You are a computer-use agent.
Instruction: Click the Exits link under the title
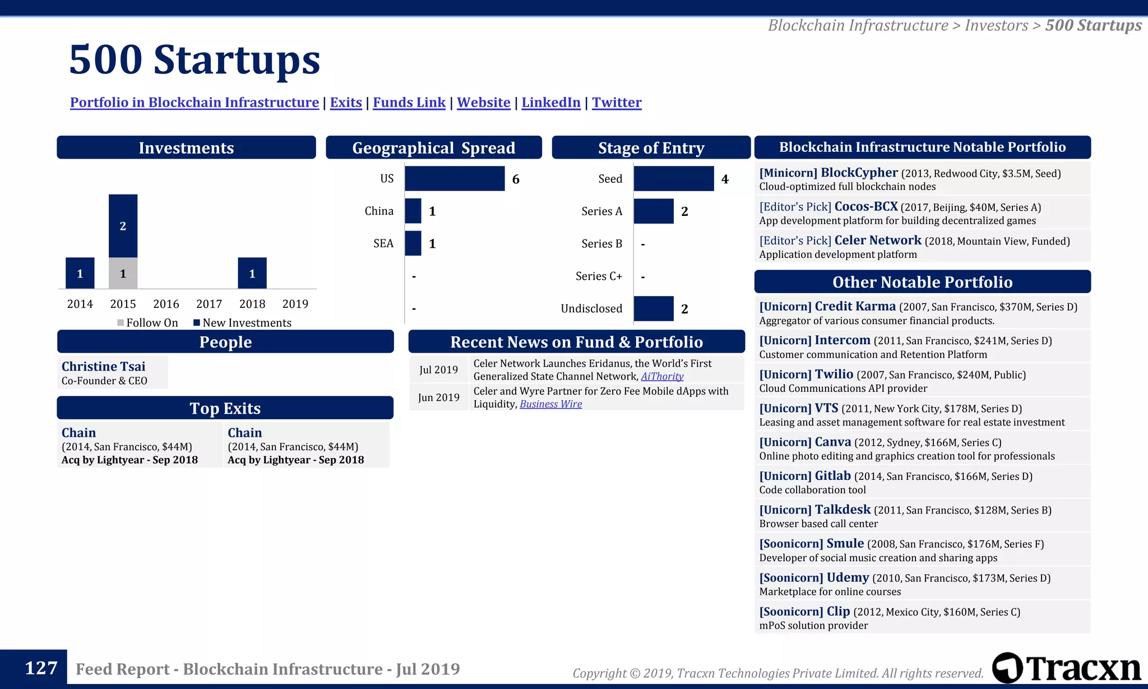346,103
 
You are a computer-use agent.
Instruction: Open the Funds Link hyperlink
409,103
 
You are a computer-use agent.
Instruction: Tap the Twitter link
617,103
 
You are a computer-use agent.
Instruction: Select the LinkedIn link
551,103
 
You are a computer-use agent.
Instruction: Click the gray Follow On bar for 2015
123,274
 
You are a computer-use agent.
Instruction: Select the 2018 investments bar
252,274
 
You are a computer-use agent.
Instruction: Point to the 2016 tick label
166,304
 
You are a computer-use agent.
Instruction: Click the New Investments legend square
197,323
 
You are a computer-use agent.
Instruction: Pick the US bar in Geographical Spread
455,179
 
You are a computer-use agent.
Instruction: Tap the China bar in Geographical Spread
413,211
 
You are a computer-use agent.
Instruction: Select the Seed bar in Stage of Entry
674,179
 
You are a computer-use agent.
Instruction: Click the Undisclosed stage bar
654,309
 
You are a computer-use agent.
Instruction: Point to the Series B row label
601,244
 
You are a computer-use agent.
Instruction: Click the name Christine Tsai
104,367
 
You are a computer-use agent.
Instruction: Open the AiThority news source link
662,377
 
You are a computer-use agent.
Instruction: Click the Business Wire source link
550,404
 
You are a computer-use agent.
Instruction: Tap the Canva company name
832,442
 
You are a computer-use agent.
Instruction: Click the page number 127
41,668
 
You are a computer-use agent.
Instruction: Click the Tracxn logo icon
1007,668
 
